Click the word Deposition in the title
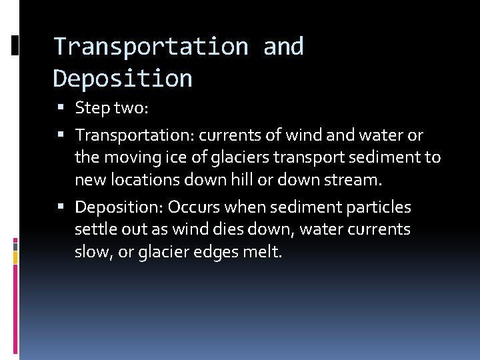click(x=123, y=79)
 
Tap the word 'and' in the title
click(x=283, y=47)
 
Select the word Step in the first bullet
click(x=90, y=107)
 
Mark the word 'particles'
click(x=380, y=207)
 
